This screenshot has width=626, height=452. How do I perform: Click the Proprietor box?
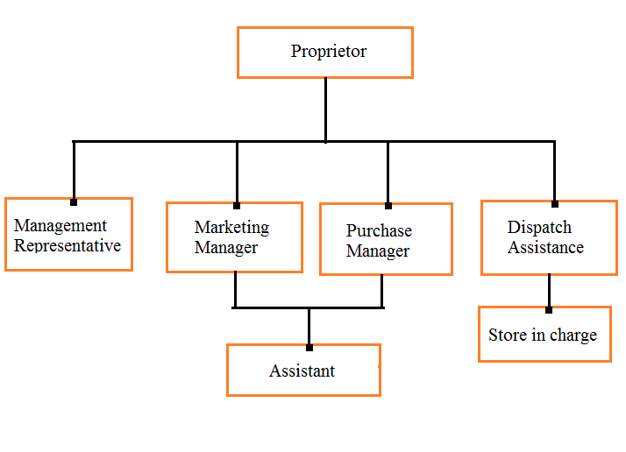pyautogui.click(x=324, y=52)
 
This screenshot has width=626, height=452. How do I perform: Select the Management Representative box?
pyautogui.click(x=68, y=234)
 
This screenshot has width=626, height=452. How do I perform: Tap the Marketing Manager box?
pyautogui.click(x=234, y=237)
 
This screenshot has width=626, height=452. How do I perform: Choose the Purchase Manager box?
pyautogui.click(x=386, y=239)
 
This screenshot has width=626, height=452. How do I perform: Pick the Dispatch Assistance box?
pyautogui.click(x=545, y=237)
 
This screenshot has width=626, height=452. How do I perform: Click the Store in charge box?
pyautogui.click(x=544, y=334)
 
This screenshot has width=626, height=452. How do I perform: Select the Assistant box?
pyautogui.click(x=303, y=370)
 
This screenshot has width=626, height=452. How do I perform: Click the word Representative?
pyautogui.click(x=68, y=245)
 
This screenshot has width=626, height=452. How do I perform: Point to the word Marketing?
pyautogui.click(x=231, y=227)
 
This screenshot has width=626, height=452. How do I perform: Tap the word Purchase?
pyautogui.click(x=379, y=230)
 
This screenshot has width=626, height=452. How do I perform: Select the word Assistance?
pyautogui.click(x=545, y=247)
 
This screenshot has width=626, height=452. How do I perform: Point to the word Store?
pyautogui.click(x=508, y=335)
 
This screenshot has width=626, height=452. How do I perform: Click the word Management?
pyautogui.click(x=60, y=225)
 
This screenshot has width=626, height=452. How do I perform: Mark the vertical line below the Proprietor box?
pyautogui.click(x=325, y=109)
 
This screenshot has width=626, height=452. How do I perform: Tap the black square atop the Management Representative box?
pyautogui.click(x=74, y=201)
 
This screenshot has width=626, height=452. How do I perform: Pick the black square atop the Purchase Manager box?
pyautogui.click(x=388, y=206)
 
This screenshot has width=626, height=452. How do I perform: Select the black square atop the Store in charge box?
pyautogui.click(x=549, y=309)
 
